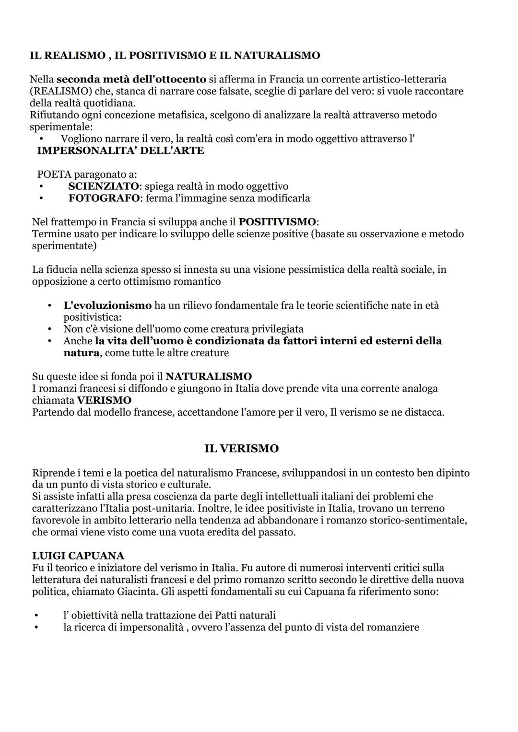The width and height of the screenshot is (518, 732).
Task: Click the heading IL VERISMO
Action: [241, 449]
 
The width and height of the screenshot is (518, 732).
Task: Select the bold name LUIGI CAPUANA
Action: [78, 556]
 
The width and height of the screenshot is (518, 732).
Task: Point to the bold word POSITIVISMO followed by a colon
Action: [278, 222]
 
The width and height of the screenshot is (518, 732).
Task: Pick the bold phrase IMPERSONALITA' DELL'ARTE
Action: [120, 151]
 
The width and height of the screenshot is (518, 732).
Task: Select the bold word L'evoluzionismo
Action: [107, 305]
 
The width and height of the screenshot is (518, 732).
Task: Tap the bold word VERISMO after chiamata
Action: [104, 400]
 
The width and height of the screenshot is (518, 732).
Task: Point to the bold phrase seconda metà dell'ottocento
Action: [131, 79]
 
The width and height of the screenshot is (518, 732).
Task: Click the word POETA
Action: [54, 174]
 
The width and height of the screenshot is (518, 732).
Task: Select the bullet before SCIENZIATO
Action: [42, 186]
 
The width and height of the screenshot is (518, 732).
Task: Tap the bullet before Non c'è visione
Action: [49, 329]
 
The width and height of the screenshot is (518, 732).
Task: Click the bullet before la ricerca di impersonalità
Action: [36, 627]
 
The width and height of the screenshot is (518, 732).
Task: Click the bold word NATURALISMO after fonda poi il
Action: [209, 376]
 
